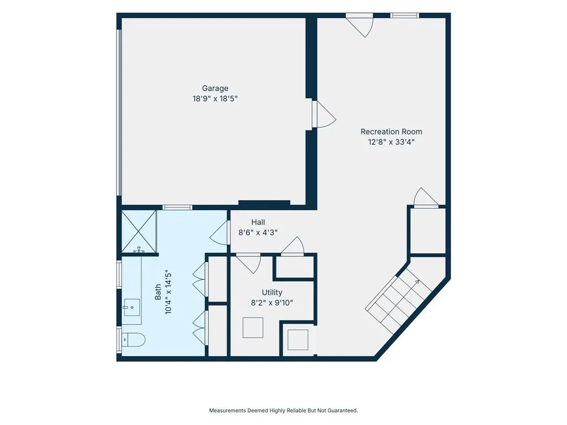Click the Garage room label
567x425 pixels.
[x=215, y=88]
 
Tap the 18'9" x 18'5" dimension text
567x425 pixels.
[x=215, y=99]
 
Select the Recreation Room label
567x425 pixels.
[x=391, y=132]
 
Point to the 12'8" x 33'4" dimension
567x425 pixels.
[x=391, y=142]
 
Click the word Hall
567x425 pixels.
[x=258, y=222]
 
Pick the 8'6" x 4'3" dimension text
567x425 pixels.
[x=258, y=232]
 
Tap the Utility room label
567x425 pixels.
[x=272, y=292]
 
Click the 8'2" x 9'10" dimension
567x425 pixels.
[x=272, y=303]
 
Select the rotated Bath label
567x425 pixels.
[x=158, y=292]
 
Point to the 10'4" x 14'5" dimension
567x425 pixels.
[x=168, y=292]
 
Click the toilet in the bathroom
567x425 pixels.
[x=133, y=340]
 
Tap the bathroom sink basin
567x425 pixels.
[x=132, y=307]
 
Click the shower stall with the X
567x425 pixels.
[x=139, y=231]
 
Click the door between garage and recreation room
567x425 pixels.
[x=324, y=114]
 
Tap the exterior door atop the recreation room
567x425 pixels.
[x=359, y=25]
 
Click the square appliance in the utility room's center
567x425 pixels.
[x=252, y=328]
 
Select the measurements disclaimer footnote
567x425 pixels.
[x=283, y=411]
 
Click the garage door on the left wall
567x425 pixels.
[x=118, y=112]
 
